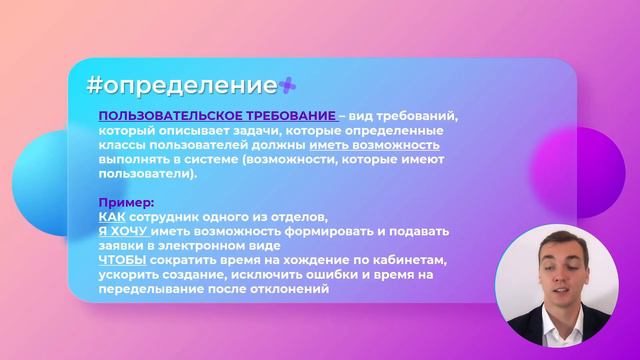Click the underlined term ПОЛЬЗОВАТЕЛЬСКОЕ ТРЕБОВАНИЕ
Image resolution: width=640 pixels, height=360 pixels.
coord(216,117)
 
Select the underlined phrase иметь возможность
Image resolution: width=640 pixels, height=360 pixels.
coord(382,145)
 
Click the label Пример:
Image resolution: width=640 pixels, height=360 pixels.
coord(126,203)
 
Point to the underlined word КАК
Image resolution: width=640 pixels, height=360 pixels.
coord(112,217)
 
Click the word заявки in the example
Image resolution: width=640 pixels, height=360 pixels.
coord(121,246)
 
